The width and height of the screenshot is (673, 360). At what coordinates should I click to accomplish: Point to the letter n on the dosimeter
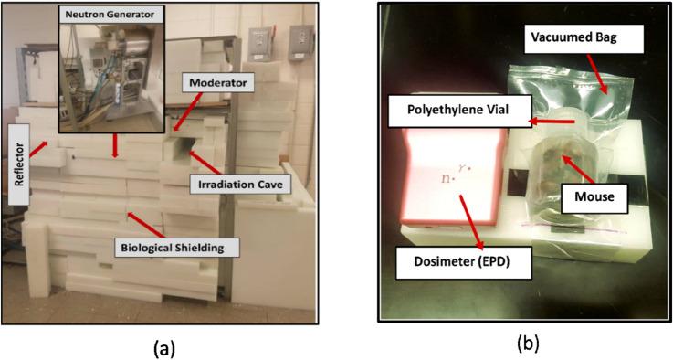tap(446, 178)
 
